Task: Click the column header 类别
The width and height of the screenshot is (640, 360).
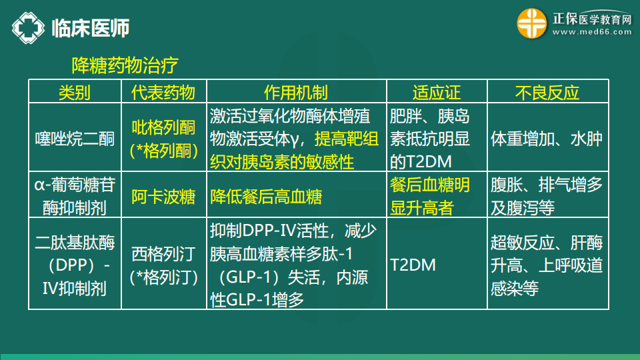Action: click(x=74, y=93)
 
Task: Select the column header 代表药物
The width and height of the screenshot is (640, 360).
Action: click(x=163, y=93)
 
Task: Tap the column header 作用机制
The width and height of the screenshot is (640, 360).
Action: click(x=296, y=93)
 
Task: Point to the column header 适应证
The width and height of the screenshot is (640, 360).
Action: click(x=436, y=93)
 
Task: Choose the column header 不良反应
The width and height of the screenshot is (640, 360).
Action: click(x=547, y=93)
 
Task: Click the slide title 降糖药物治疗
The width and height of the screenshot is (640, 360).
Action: click(x=125, y=65)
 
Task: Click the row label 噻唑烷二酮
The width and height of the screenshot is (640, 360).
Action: click(x=75, y=139)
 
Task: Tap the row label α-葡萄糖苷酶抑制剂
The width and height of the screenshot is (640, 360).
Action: click(x=75, y=196)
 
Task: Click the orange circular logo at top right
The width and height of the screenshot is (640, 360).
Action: click(x=531, y=23)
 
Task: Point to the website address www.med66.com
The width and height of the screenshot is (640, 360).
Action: click(x=592, y=32)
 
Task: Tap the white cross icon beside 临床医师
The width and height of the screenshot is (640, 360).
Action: click(x=28, y=28)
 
